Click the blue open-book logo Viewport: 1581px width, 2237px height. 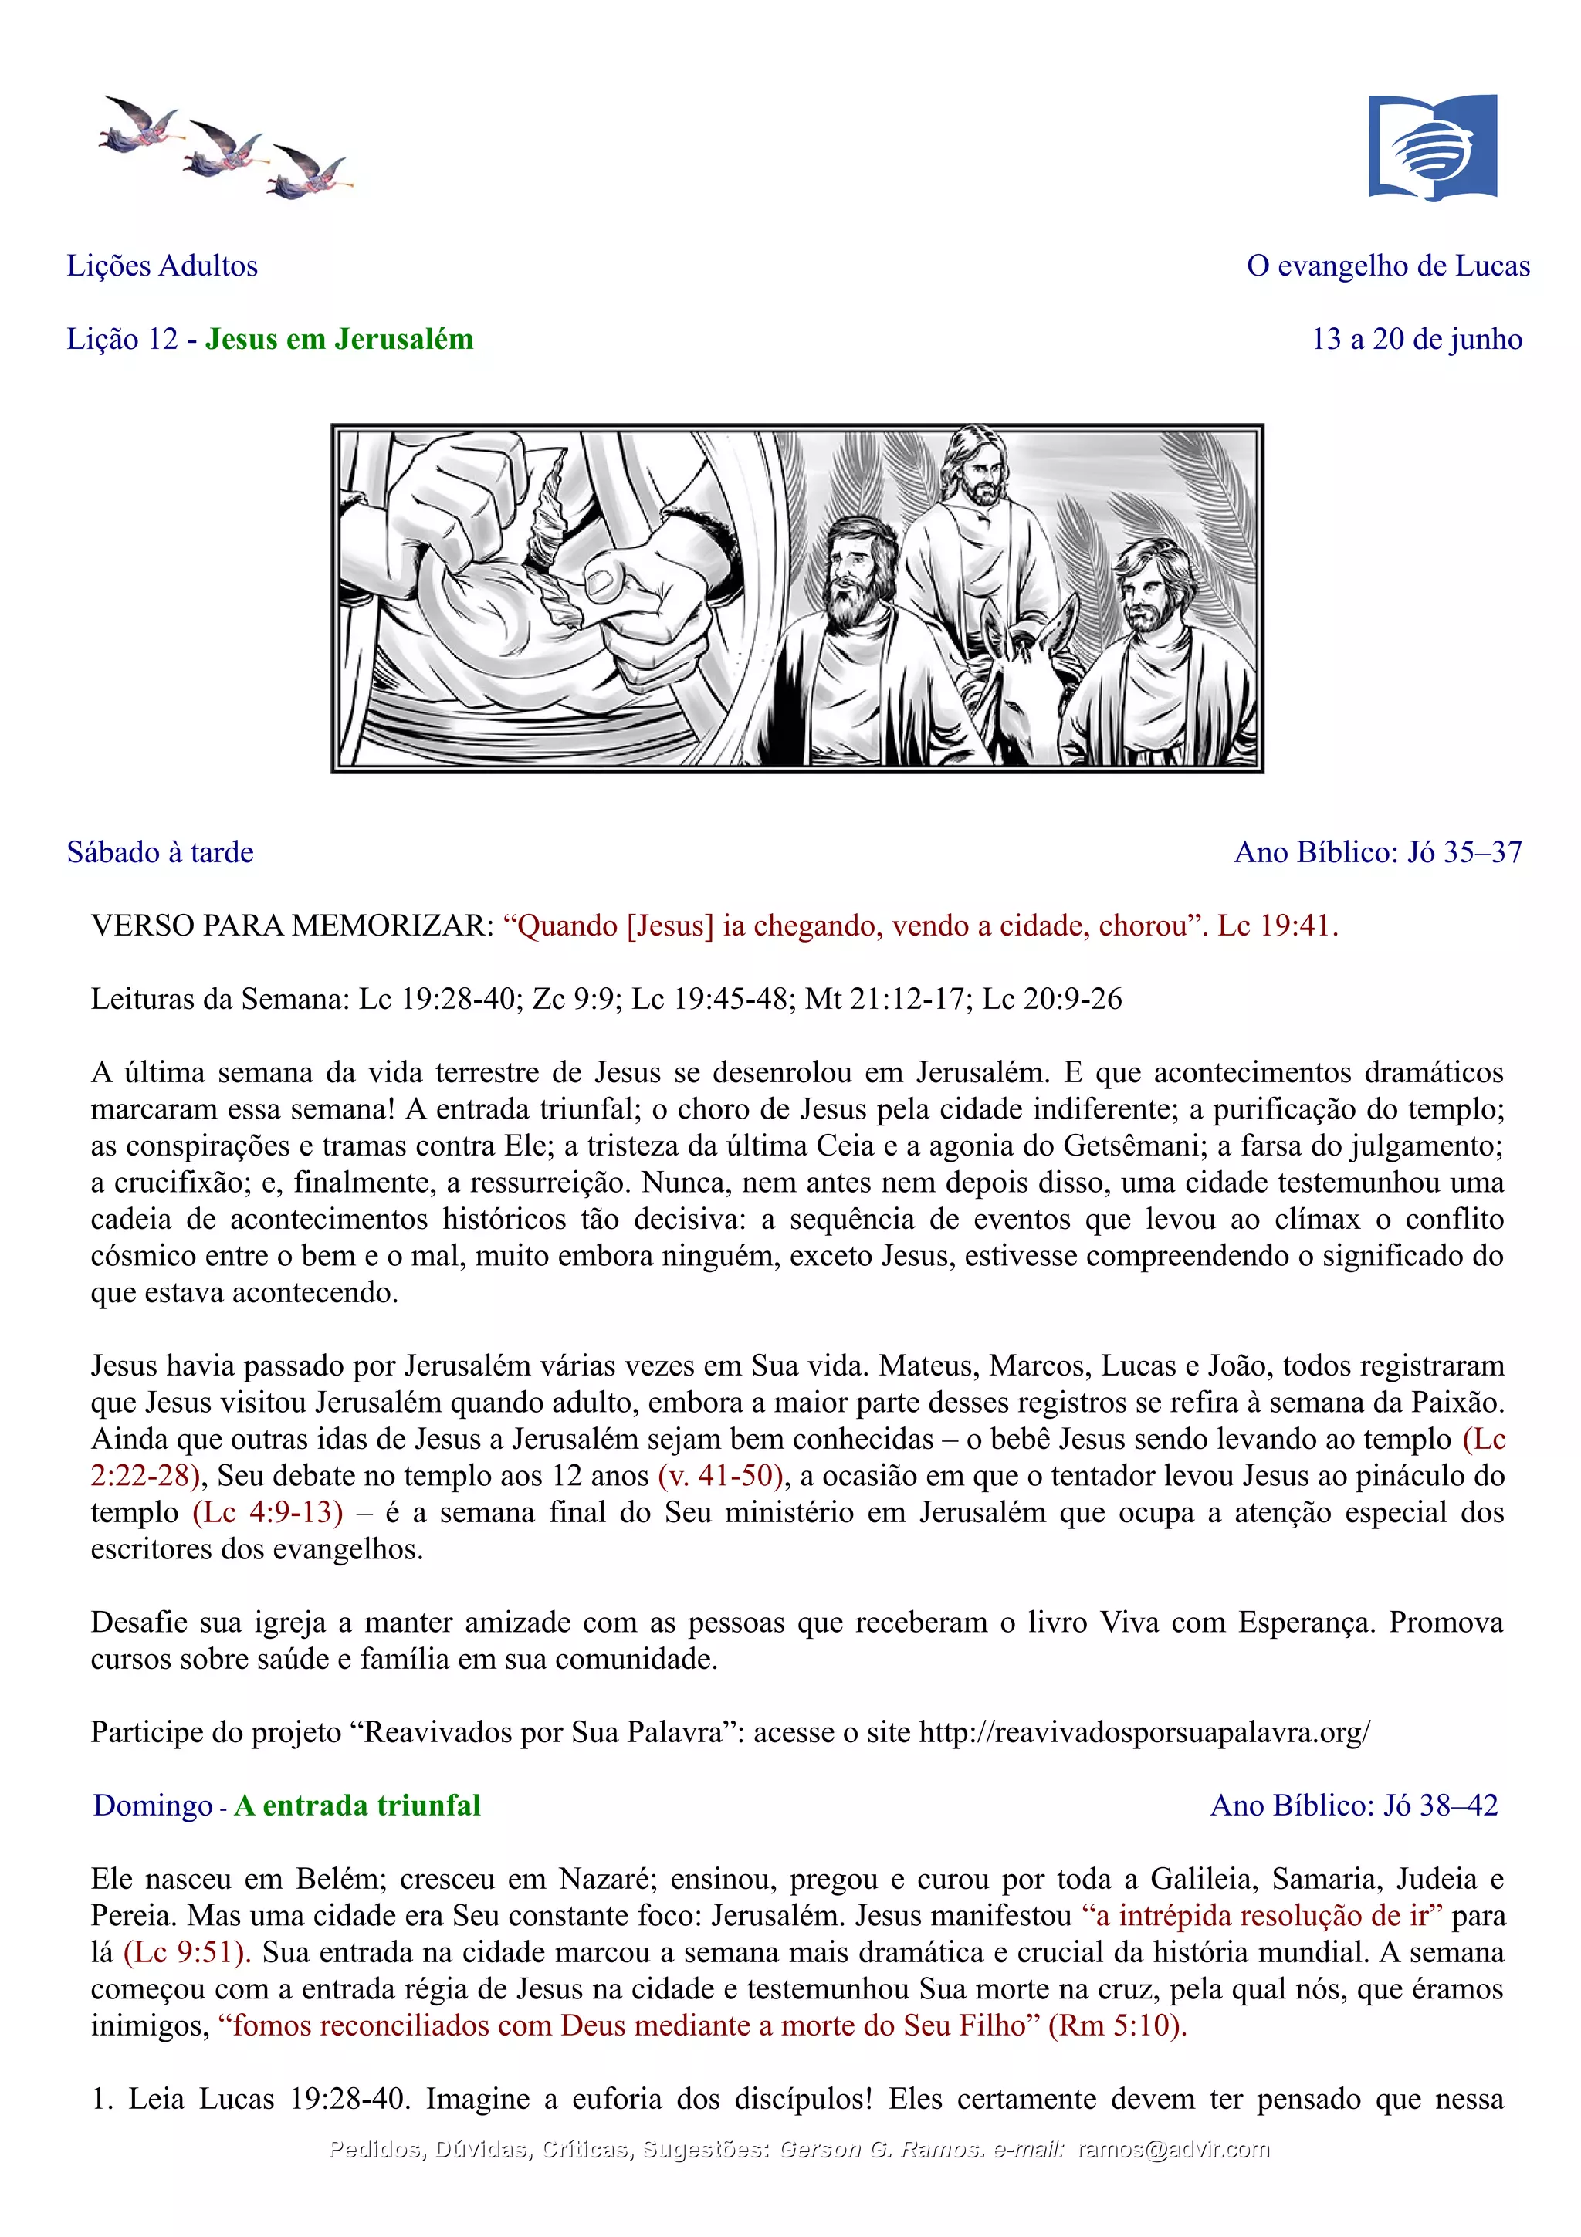[x=1432, y=147]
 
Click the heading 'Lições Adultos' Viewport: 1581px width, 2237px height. [x=161, y=266]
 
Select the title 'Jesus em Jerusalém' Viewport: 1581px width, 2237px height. [x=339, y=339]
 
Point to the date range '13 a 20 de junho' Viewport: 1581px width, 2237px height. [x=1417, y=339]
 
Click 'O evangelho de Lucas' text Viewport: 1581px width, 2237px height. [x=1388, y=266]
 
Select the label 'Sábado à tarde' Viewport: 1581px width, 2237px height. [x=160, y=852]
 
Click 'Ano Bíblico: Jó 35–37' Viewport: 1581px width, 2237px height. [x=1377, y=852]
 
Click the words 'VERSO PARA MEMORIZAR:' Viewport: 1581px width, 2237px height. [x=293, y=926]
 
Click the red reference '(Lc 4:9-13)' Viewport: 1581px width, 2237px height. [x=268, y=1512]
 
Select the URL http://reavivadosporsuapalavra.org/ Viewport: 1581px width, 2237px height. [x=1145, y=1731]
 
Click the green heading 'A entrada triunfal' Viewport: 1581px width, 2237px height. [x=357, y=1806]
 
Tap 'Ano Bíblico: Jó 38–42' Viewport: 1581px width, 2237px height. [x=1354, y=1806]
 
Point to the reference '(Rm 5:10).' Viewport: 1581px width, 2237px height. [x=1117, y=2025]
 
